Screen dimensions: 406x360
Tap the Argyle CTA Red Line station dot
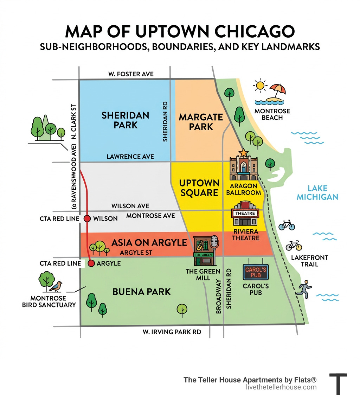tap(91, 263)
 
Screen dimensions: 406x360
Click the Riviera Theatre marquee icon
tap(245, 214)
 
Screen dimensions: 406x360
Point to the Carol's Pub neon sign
tap(256, 272)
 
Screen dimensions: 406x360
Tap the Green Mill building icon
tap(204, 251)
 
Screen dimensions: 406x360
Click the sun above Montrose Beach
tap(261, 85)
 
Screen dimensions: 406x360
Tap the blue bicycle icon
tap(287, 225)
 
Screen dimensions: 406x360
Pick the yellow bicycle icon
tap(294, 245)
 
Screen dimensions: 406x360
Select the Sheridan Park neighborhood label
tap(125, 120)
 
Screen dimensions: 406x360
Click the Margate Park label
tap(201, 122)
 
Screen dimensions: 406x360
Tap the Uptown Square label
tap(199, 188)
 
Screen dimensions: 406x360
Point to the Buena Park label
tap(141, 292)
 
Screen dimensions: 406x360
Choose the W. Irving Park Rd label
tap(172, 331)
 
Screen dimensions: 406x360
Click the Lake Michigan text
tap(317, 192)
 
